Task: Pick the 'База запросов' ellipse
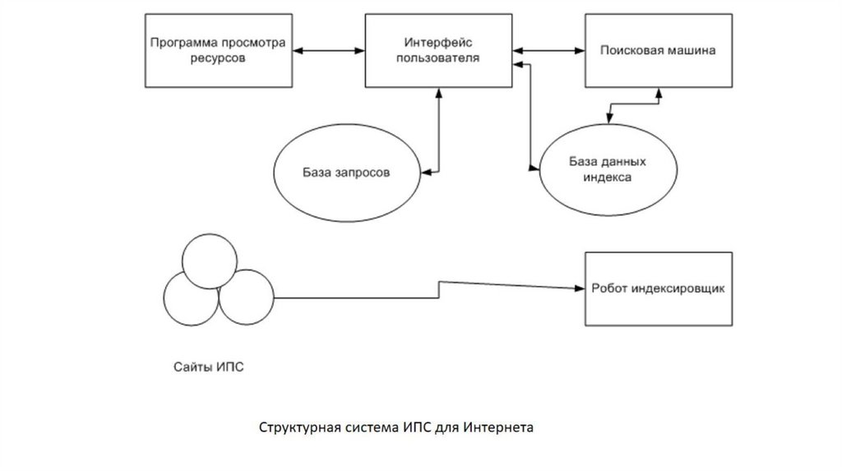pyautogui.click(x=345, y=174)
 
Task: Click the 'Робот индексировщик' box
pyautogui.click(x=657, y=289)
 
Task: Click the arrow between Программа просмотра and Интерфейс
pyautogui.click(x=330, y=51)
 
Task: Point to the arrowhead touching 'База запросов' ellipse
pyautogui.click(x=426, y=173)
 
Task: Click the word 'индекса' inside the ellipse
pyautogui.click(x=607, y=176)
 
